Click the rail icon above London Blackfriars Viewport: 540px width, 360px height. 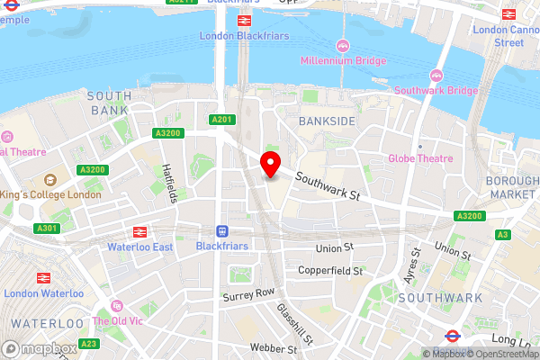(243, 20)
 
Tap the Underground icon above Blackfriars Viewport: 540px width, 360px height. (221, 230)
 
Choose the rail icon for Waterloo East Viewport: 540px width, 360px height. (139, 231)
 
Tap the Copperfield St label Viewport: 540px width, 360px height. (330, 270)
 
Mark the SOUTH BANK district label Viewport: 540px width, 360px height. (110, 102)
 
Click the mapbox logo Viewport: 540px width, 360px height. (35, 347)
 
